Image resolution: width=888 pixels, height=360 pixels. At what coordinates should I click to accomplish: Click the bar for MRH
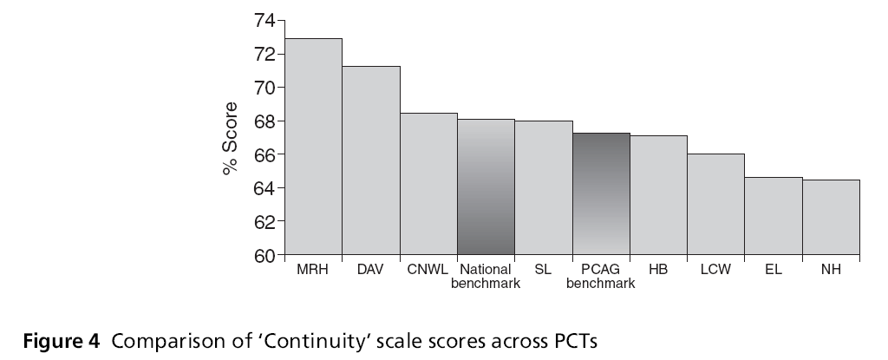coord(313,147)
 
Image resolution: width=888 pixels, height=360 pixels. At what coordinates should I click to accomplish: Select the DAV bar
coord(370,160)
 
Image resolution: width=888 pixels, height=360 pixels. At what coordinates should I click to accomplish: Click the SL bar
coord(543,188)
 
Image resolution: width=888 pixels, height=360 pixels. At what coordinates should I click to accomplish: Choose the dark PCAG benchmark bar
coord(601,194)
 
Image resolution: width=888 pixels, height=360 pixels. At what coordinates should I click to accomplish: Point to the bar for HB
coord(658,195)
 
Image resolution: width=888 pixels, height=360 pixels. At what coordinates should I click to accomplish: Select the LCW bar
coord(715,205)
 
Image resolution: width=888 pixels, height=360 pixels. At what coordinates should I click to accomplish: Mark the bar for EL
coord(774,216)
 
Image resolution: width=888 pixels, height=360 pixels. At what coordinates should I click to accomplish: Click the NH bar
coord(831,218)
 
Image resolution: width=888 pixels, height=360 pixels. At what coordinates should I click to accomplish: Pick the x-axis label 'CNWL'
coord(428,270)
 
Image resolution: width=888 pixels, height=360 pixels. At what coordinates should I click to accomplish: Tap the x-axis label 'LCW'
coord(715,270)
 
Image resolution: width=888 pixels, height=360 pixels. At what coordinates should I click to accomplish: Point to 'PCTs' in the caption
coord(575,340)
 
